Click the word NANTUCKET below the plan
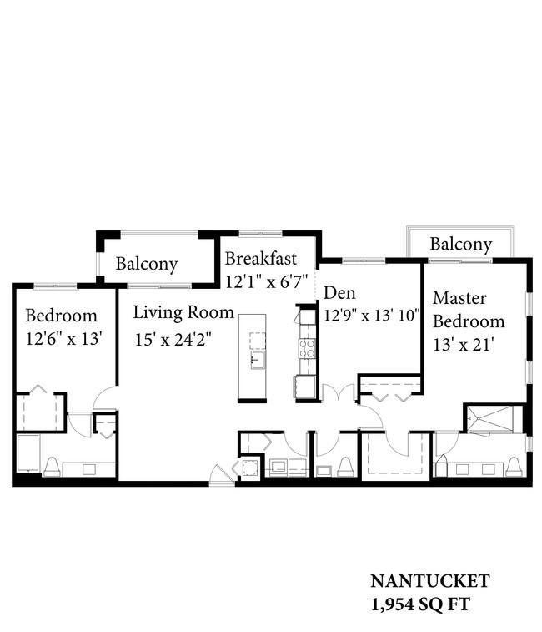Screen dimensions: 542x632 coord(429,581)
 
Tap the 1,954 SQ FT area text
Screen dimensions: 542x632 coord(420,604)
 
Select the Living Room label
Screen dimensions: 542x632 coord(183,312)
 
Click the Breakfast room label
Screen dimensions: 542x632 coord(260,258)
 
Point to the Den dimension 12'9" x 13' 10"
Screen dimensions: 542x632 coord(372,316)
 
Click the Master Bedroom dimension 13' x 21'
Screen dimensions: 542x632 coord(464,345)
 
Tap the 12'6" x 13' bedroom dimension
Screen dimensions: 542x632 coord(63,339)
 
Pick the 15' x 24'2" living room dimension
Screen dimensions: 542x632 coord(173,340)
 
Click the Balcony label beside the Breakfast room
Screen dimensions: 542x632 coord(147,265)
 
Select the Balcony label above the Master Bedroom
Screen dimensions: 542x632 coord(461,245)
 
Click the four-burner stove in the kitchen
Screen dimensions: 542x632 coord(307,349)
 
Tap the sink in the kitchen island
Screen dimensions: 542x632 coord(258,360)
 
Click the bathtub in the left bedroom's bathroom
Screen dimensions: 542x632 coord(28,453)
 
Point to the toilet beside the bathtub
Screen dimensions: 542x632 coord(52,467)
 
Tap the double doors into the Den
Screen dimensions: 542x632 coord(339,393)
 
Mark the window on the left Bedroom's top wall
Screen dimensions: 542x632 coord(55,286)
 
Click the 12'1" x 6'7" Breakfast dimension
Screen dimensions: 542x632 coord(266,281)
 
